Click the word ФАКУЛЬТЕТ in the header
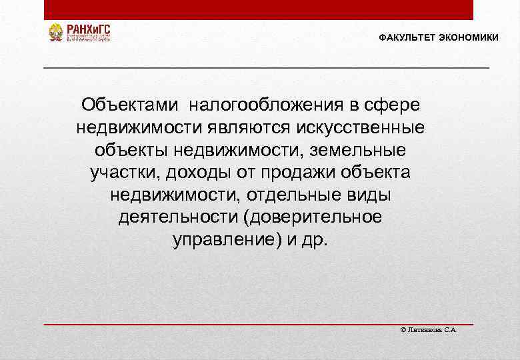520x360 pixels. pos(407,37)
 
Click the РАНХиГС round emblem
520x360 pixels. pos(56,32)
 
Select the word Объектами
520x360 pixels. pos(130,105)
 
